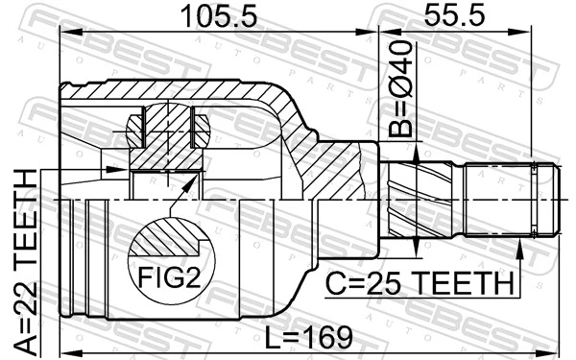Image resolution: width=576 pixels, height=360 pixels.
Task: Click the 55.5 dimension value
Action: tap(448, 17)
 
